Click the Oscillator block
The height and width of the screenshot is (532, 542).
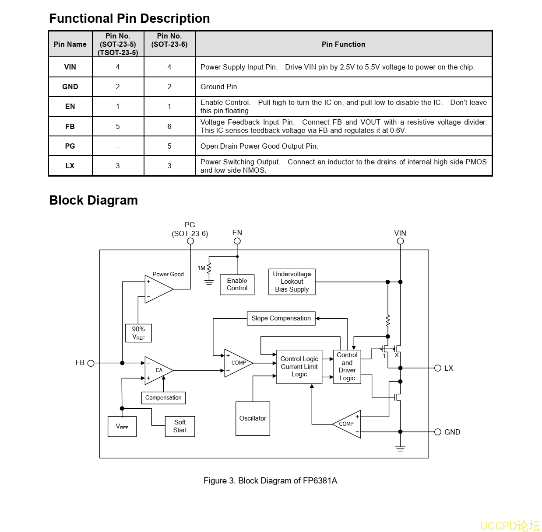253,418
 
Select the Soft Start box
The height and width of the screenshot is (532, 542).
180,426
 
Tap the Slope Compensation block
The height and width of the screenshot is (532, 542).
281,318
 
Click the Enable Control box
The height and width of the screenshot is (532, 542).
237,285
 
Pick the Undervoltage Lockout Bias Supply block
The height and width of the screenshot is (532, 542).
292,282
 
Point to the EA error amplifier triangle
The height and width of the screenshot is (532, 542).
158,370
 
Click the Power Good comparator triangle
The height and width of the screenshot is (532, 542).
157,289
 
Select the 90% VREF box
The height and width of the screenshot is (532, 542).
138,333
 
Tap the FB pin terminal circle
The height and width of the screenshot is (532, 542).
91,363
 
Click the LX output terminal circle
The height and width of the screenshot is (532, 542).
438,368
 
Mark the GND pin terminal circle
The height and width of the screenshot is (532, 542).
438,432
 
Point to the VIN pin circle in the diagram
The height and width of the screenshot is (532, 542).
400,241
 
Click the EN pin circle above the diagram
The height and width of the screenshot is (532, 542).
237,241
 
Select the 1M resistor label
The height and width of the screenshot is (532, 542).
201,268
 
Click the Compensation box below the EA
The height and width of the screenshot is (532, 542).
163,398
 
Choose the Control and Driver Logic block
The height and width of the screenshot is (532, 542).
347,367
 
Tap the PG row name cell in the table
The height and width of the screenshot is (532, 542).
70,146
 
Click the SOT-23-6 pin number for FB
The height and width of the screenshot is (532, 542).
169,126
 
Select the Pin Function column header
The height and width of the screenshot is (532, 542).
343,44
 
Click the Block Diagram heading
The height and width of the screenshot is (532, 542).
93,200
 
